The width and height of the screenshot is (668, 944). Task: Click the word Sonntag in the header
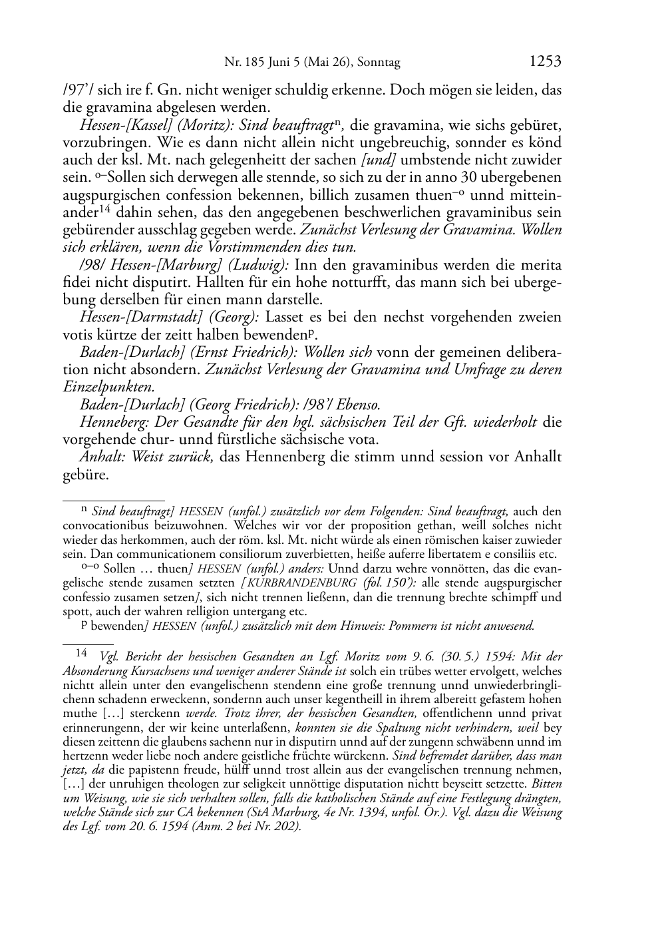(379, 63)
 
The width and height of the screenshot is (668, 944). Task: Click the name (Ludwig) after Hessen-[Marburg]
(263, 264)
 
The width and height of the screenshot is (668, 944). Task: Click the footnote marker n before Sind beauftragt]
(84, 510)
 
